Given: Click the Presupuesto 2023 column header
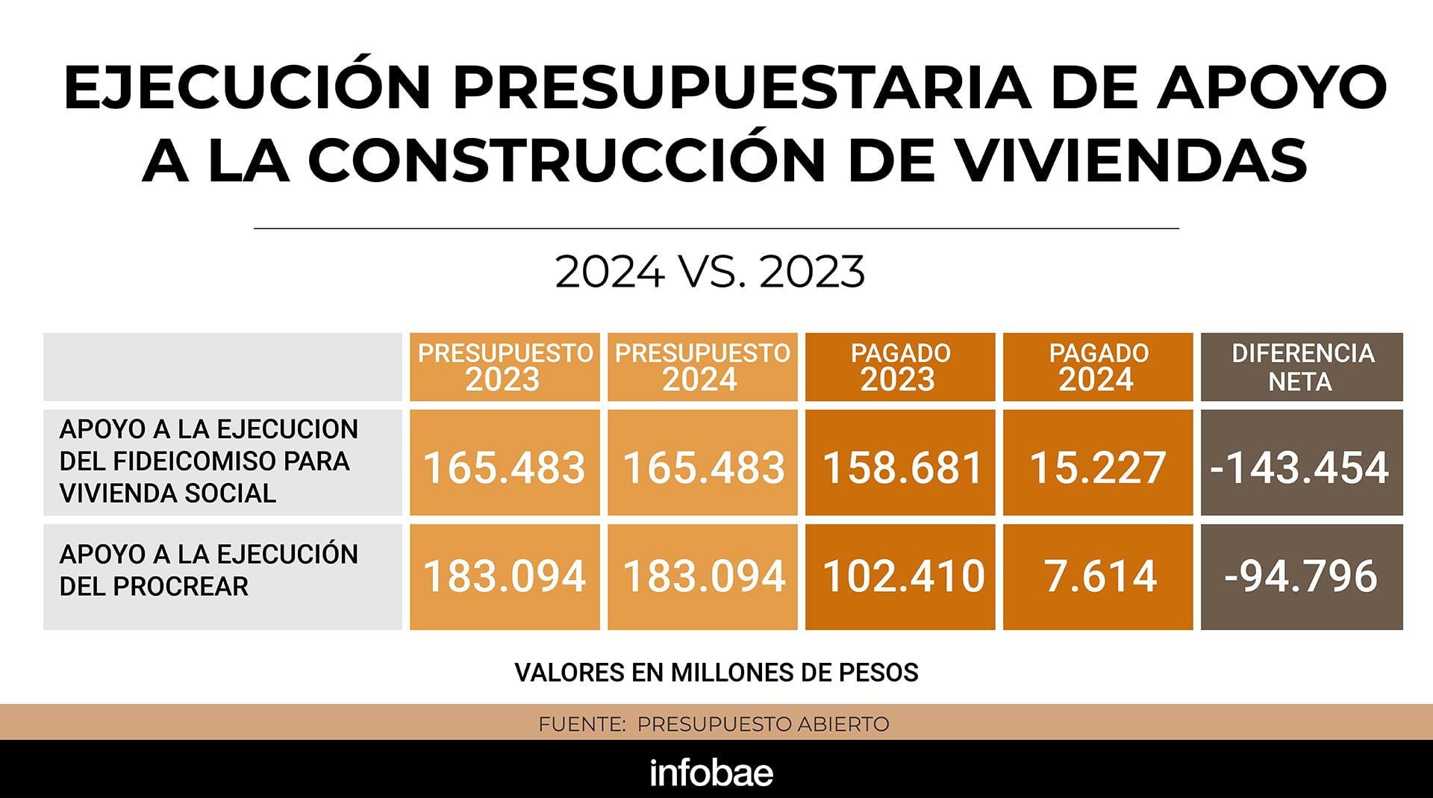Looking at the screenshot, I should click(505, 367).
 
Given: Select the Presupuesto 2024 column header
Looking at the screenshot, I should click(702, 367).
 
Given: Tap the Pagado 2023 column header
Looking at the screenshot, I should click(900, 367).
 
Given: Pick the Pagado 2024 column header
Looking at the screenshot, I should click(1098, 367).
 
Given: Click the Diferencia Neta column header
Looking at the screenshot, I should click(1302, 367).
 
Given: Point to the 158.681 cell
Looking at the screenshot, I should click(900, 467).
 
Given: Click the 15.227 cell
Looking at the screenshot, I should click(1098, 467).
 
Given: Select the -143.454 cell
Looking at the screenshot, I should click(1302, 467).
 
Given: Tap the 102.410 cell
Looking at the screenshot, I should click(900, 576).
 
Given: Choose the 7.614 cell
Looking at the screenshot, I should click(1098, 576).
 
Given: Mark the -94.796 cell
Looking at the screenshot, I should click(1302, 576).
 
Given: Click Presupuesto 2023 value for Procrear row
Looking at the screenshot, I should click(505, 576).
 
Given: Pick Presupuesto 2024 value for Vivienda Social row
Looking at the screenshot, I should click(702, 467).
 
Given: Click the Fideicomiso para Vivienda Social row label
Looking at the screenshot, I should click(208, 461).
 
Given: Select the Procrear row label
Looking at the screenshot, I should click(208, 570).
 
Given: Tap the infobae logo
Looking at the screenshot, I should click(711, 773).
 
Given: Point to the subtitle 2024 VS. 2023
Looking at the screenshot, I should click(710, 272).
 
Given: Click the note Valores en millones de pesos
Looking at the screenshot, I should click(716, 673).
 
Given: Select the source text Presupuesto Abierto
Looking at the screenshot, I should click(763, 724).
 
